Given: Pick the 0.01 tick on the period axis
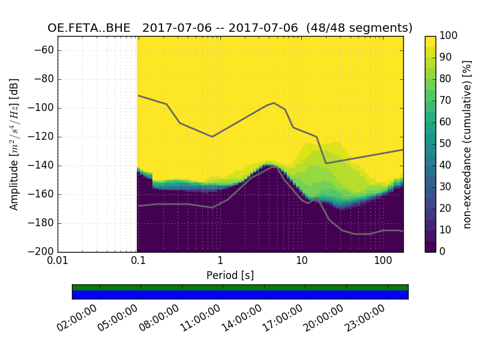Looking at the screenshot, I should pyautogui.click(x=58, y=262).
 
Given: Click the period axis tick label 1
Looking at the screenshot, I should pyautogui.click(x=220, y=262).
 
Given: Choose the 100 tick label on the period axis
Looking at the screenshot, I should pyautogui.click(x=383, y=262).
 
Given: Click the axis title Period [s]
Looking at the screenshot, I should pyautogui.click(x=230, y=275).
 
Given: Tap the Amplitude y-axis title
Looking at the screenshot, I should pyautogui.click(x=14, y=144).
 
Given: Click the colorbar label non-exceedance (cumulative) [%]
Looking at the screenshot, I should pyautogui.click(x=467, y=144).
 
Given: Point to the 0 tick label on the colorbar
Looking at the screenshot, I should pyautogui.click(x=443, y=252).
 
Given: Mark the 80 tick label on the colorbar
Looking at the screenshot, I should pyautogui.click(x=445, y=79).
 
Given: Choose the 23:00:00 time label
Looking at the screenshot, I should pyautogui.click(x=365, y=319).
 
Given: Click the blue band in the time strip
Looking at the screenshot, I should pyautogui.click(x=240, y=295).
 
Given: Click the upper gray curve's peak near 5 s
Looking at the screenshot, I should pyautogui.click(x=274, y=103).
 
